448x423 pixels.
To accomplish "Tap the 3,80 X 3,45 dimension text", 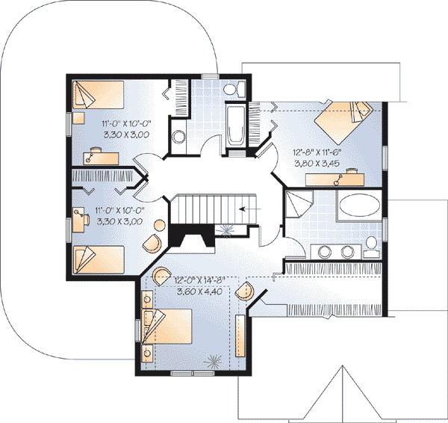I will (x=315, y=160).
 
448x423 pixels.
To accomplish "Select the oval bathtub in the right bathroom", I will (x=358, y=207).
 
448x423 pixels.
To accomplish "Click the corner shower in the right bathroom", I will (x=300, y=204).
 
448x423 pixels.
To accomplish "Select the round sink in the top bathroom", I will (x=179, y=137).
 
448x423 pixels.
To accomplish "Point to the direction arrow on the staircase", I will (x=246, y=209).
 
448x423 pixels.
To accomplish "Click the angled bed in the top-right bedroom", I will (x=344, y=118).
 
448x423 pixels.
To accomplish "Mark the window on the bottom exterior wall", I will (x=187, y=372).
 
